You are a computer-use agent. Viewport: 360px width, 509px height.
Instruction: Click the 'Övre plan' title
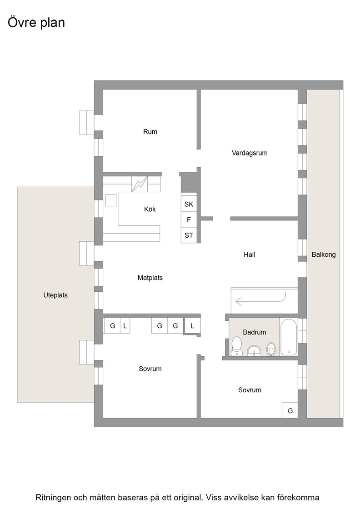pos(36,23)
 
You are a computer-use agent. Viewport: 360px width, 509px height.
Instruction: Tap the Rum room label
pos(150,132)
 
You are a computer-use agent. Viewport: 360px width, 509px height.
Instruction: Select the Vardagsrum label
pos(249,153)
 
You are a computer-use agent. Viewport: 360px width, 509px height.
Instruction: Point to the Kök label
pos(150,209)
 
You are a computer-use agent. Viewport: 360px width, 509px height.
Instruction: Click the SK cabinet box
pos(189,204)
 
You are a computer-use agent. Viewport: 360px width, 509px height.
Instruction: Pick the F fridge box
pos(189,220)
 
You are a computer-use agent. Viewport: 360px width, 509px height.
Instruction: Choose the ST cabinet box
pos(189,235)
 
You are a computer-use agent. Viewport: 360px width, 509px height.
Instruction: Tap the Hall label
pos(249,255)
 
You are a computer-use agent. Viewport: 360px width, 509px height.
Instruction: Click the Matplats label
pos(150,278)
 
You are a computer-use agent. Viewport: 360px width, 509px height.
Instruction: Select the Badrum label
pos(254,332)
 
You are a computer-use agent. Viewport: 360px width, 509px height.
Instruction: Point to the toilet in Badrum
pos(236,346)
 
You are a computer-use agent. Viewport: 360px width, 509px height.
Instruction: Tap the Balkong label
pos(324,254)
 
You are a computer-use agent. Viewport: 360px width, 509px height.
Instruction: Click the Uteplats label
pos(55,295)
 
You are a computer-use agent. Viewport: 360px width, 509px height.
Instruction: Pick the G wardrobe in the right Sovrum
pos(290,410)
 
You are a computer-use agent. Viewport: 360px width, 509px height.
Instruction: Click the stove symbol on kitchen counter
pos(140,184)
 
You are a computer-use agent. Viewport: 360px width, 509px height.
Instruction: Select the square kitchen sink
pos(111,200)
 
